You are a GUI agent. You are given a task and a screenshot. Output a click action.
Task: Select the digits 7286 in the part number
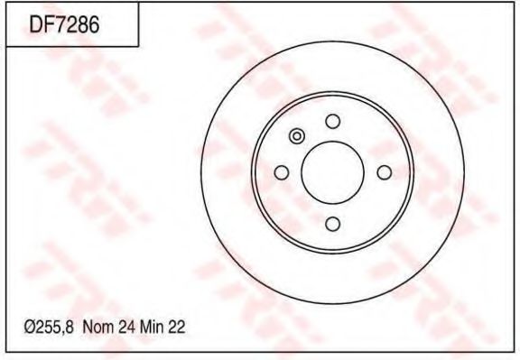76,25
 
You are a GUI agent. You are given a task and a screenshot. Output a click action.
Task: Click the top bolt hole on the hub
332,122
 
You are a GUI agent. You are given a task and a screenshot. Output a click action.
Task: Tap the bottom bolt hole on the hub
332,224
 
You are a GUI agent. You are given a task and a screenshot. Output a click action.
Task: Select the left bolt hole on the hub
281,172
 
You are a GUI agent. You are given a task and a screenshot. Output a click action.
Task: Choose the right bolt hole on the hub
384,172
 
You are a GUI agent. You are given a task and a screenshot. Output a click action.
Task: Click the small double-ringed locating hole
297,137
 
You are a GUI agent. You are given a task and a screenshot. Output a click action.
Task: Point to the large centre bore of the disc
332,172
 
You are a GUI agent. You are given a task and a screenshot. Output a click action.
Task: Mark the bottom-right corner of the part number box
137,46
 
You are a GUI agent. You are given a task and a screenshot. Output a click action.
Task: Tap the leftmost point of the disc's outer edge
200,172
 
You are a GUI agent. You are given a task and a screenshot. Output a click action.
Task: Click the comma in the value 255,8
67,333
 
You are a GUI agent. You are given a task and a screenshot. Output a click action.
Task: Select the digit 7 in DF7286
60,25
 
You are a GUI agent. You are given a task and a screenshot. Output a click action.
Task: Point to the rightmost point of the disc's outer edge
464,172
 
